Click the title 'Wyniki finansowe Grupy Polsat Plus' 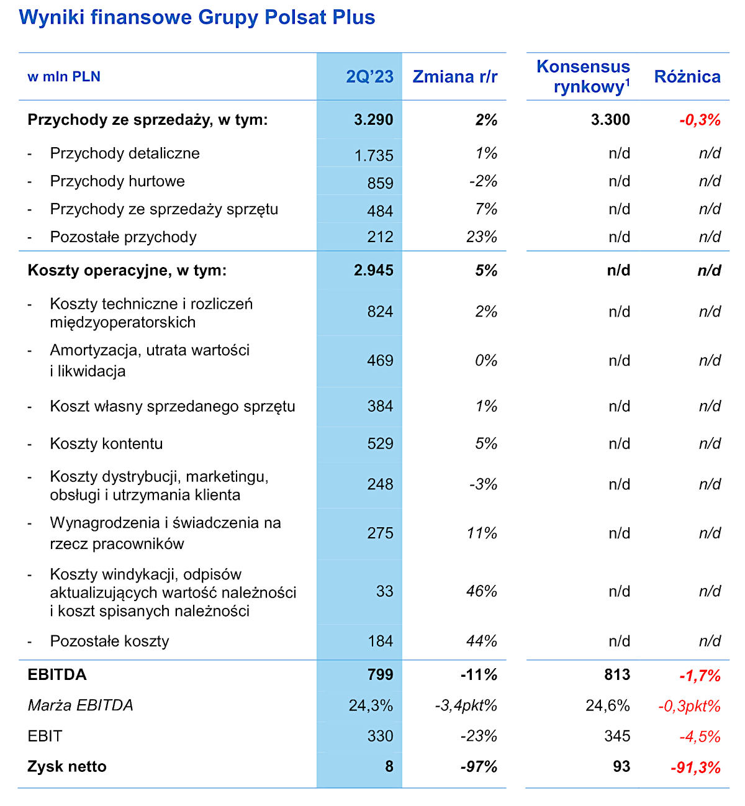(x=197, y=17)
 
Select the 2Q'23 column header (x=369, y=76)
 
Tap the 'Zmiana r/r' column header (x=455, y=76)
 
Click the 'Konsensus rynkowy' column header (x=583, y=76)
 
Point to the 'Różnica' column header (x=687, y=76)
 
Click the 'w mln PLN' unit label (x=64, y=76)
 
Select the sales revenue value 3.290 (x=374, y=120)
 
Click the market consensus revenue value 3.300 (x=610, y=120)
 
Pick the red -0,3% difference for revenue (x=700, y=120)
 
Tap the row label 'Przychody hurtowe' (x=117, y=181)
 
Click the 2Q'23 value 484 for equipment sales (x=380, y=211)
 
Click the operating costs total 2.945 (x=374, y=271)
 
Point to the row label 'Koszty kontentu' (x=106, y=443)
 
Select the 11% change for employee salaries (x=482, y=533)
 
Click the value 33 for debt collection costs (x=384, y=591)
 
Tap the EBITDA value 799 (x=380, y=675)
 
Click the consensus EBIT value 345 (x=617, y=736)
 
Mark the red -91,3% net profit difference (x=695, y=768)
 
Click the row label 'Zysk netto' (x=67, y=767)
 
